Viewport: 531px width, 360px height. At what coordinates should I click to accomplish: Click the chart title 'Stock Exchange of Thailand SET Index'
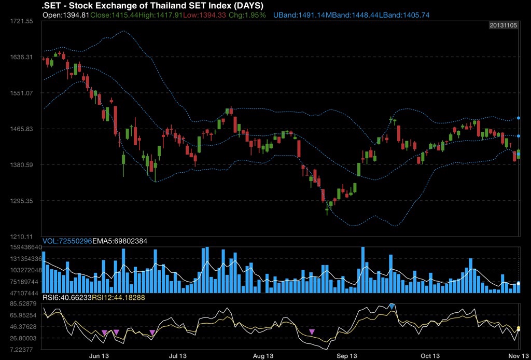click(156, 6)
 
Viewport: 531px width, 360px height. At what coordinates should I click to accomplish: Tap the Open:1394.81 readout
click(66, 15)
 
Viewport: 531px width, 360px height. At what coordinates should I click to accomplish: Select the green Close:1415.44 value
click(114, 15)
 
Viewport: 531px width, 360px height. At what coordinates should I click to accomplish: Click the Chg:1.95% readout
click(248, 15)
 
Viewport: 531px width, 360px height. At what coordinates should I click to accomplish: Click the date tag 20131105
click(504, 25)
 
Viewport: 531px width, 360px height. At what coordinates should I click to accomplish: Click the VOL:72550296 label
click(67, 241)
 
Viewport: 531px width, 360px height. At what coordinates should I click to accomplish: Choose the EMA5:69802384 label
click(119, 241)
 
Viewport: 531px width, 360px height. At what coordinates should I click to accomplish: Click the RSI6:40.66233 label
click(67, 297)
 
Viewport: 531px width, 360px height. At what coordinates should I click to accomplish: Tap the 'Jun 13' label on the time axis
click(99, 356)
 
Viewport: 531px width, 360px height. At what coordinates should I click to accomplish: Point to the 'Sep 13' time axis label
click(346, 356)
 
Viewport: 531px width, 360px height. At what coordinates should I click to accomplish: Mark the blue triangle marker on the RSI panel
click(392, 306)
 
